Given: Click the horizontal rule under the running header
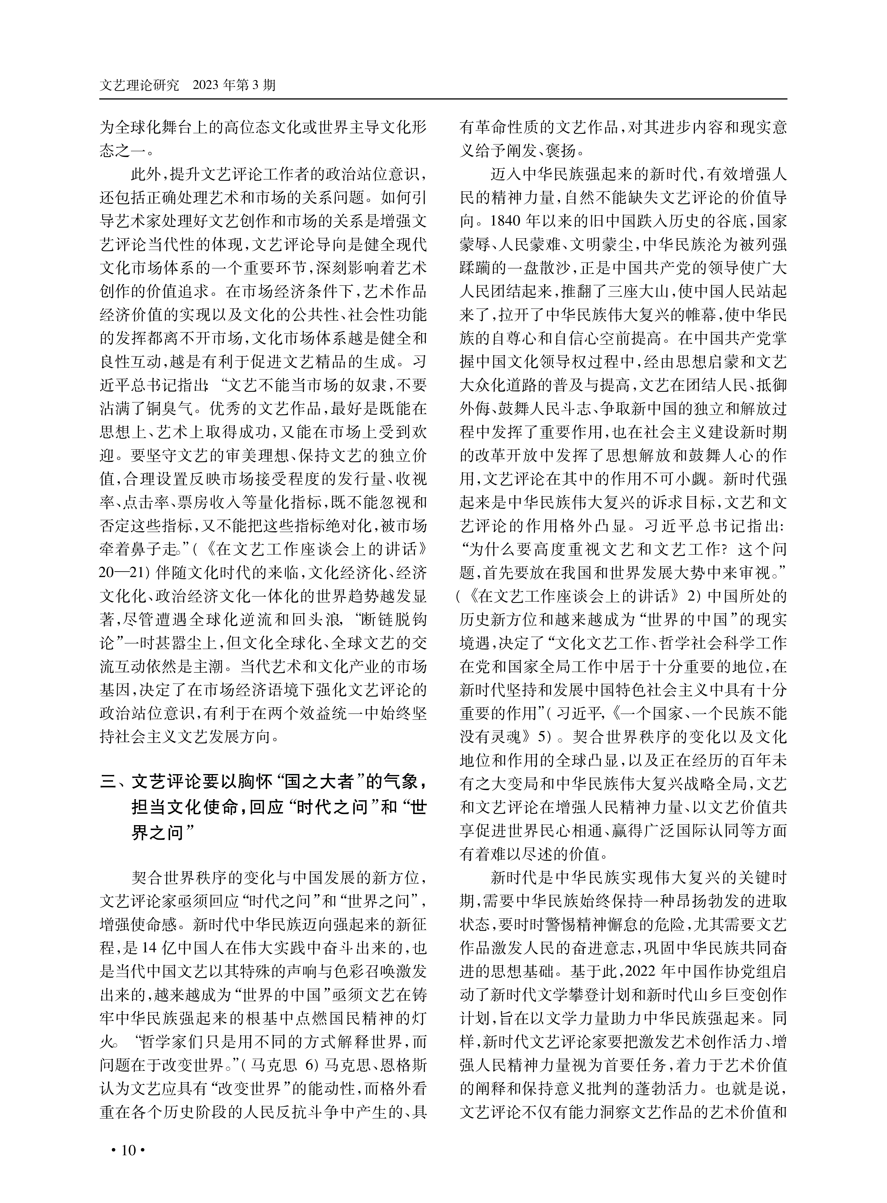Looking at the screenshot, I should tap(443, 99).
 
